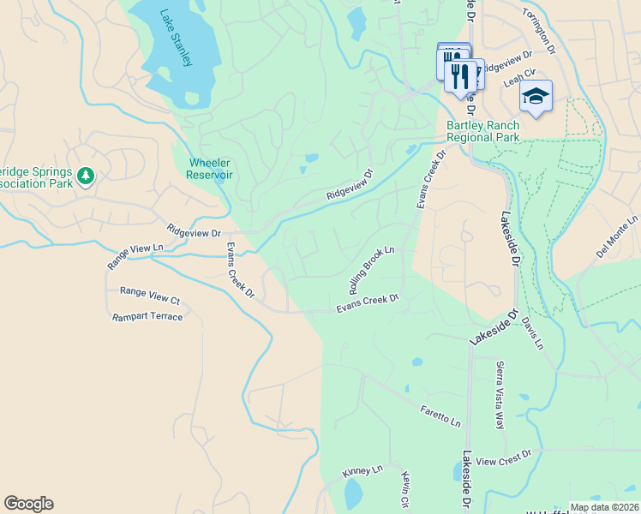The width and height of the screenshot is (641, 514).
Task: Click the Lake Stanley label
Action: pos(177,38)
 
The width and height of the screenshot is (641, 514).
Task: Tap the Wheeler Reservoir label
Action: pos(210,169)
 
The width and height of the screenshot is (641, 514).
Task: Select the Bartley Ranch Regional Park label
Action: pos(482,131)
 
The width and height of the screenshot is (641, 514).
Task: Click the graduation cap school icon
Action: pos(536,97)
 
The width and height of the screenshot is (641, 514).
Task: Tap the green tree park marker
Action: pos(85,176)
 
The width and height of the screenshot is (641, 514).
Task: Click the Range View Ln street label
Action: pos(135,257)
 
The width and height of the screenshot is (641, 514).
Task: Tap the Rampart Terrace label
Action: pos(147,317)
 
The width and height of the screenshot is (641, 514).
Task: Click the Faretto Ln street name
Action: pos(440,416)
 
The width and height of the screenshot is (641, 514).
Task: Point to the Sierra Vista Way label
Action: pos(500,394)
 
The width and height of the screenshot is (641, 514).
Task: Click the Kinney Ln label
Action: pos(362,471)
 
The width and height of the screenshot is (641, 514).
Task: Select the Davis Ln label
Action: pos(532,335)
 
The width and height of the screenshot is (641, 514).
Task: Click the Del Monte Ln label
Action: pos(618,238)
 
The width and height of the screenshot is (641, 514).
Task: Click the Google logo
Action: pos(28,504)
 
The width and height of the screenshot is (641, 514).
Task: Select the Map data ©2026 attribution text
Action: pos(603,508)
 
